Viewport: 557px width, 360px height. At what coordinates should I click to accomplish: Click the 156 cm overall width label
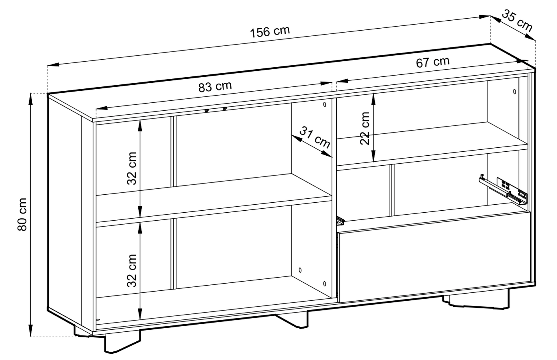pos(270,31)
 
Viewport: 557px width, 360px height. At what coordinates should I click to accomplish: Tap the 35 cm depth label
pos(517,21)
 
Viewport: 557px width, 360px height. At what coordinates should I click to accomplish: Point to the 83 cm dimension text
pos(215,86)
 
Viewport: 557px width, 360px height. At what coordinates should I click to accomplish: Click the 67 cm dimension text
pos(432,62)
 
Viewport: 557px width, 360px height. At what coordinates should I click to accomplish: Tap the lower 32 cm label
pos(132,270)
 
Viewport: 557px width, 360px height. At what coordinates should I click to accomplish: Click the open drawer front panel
pos(434,256)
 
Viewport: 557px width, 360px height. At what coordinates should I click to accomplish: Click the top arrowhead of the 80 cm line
pos(31,97)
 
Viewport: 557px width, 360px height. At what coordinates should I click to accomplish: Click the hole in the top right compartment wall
pos(514,92)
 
